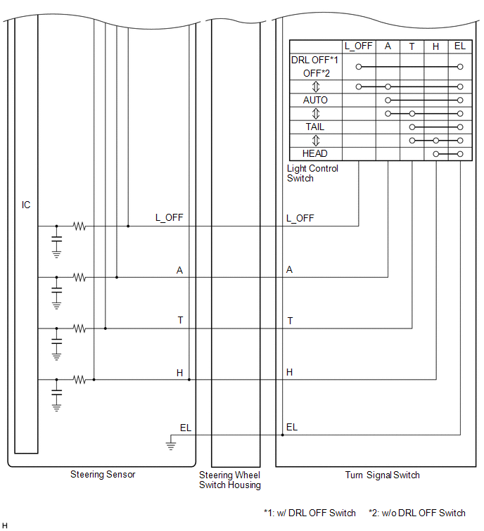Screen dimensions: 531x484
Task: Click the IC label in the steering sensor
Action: [26, 205]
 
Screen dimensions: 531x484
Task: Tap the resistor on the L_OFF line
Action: [79, 226]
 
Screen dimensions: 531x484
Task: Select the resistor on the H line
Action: [79, 379]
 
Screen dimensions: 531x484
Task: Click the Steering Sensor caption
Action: [103, 475]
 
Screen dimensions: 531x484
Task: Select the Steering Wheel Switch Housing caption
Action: [230, 480]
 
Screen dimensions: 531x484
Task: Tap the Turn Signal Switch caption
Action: [382, 475]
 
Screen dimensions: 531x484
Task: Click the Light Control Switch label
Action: [312, 174]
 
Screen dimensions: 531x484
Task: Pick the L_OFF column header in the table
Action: [359, 46]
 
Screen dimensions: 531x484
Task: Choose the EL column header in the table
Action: [460, 46]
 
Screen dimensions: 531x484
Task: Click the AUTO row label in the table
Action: [315, 100]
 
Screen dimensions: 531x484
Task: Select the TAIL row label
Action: [315, 127]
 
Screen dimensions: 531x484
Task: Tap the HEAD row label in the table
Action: [315, 153]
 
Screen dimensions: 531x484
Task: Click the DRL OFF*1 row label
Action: [315, 60]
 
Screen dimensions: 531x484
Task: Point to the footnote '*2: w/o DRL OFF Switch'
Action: [416, 513]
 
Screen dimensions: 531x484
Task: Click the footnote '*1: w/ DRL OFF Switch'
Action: [310, 513]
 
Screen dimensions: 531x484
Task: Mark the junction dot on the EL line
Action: [282, 435]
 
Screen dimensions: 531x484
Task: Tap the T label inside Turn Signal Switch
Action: [290, 321]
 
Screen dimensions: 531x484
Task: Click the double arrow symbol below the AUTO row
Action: [316, 113]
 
